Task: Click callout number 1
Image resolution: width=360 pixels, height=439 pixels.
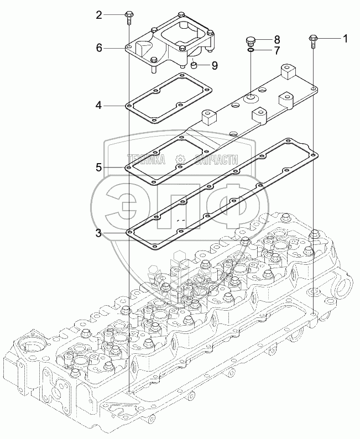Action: pyautogui.click(x=345, y=39)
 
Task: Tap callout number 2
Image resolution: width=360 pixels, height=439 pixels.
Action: pyautogui.click(x=99, y=15)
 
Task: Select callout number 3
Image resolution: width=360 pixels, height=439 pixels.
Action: pyautogui.click(x=98, y=233)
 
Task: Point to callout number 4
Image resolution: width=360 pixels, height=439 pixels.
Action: pyautogui.click(x=98, y=106)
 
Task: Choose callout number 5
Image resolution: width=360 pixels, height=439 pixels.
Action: pyautogui.click(x=99, y=168)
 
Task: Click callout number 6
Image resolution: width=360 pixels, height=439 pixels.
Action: pyautogui.click(x=99, y=48)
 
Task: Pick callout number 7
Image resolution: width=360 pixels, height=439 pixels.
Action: pyautogui.click(x=276, y=51)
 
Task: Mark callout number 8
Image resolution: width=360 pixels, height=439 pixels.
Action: pyautogui.click(x=276, y=39)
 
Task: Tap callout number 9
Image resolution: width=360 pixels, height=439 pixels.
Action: pyautogui.click(x=215, y=65)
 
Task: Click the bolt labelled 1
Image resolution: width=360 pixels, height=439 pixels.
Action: pyautogui.click(x=312, y=41)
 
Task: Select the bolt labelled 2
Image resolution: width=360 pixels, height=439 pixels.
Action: pyautogui.click(x=128, y=17)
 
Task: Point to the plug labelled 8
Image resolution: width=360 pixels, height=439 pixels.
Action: pyautogui.click(x=251, y=41)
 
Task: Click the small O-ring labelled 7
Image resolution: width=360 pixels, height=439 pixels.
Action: pyautogui.click(x=251, y=50)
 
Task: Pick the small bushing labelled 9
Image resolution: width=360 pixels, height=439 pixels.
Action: pyautogui.click(x=194, y=66)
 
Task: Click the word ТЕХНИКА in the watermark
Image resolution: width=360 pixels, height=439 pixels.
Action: pyautogui.click(x=147, y=159)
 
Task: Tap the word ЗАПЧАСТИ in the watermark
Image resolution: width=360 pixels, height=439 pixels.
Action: pyautogui.click(x=216, y=159)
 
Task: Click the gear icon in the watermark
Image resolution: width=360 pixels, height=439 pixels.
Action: pyautogui.click(x=179, y=160)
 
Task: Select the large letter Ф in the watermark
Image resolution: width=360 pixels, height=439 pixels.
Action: pyautogui.click(x=234, y=206)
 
